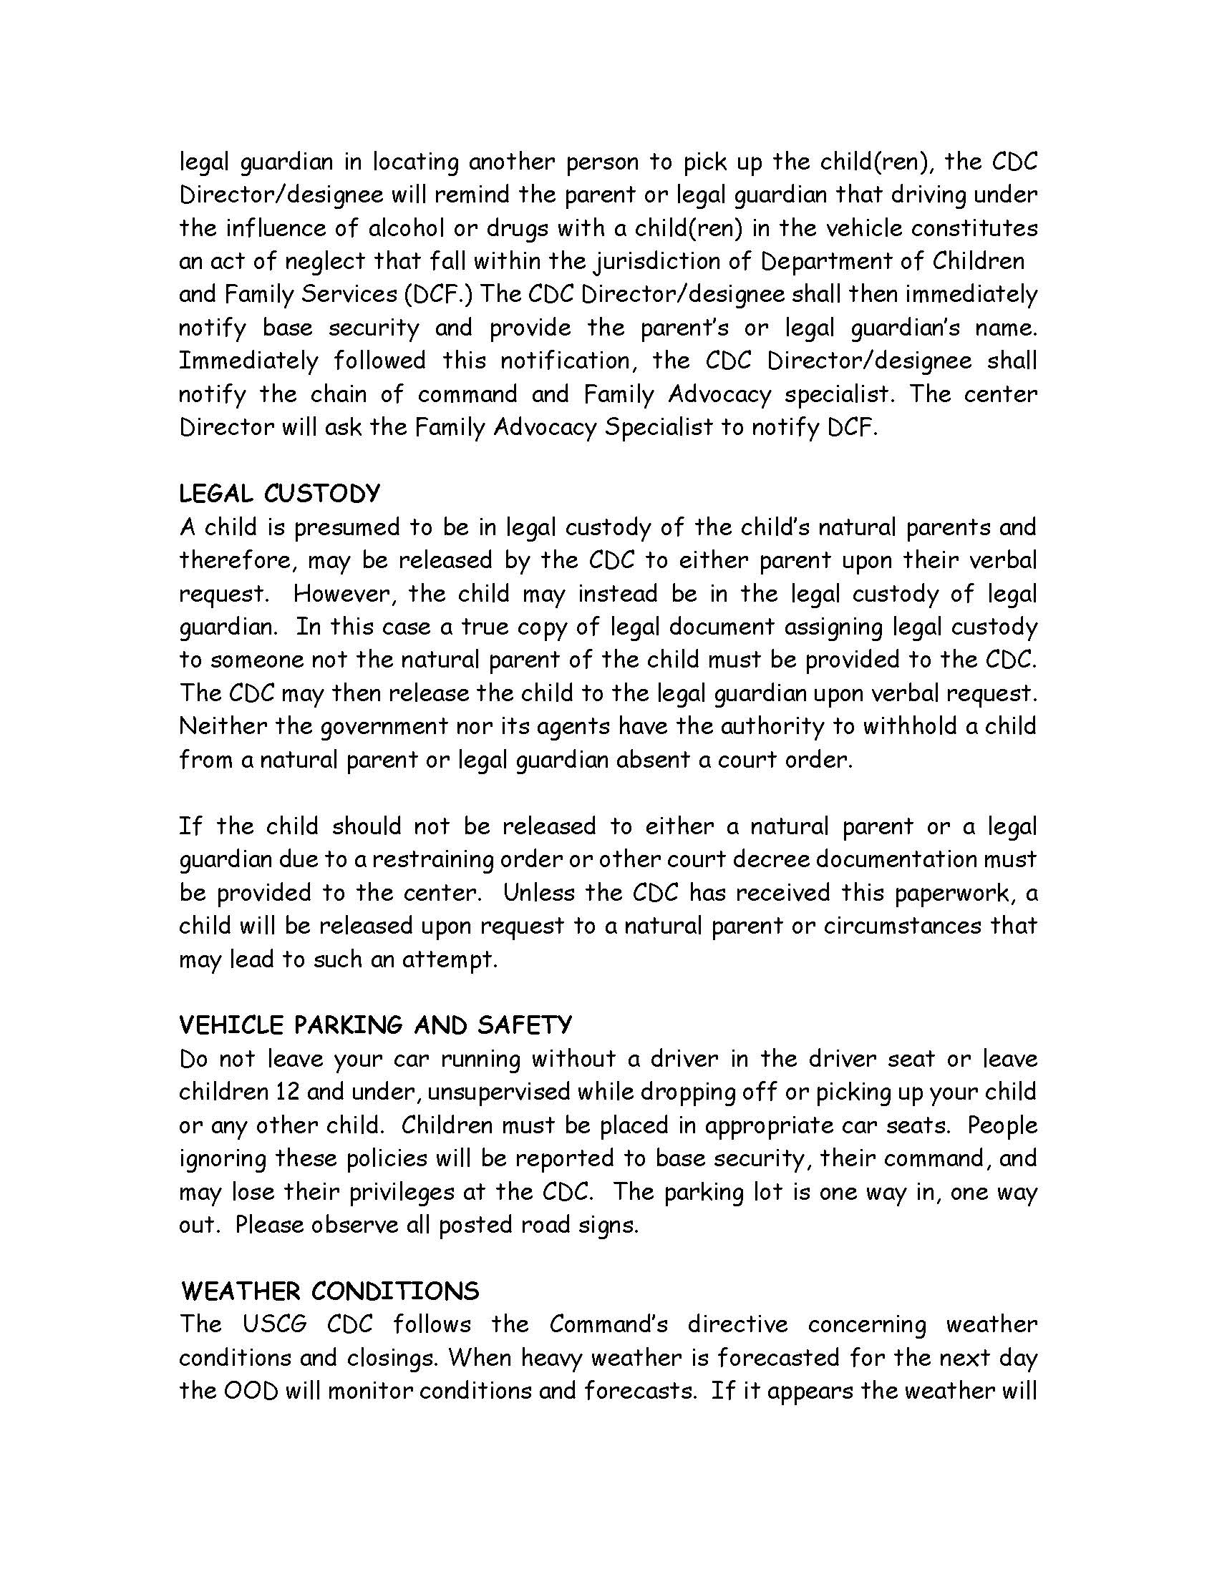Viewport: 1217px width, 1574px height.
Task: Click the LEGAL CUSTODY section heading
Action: tap(279, 494)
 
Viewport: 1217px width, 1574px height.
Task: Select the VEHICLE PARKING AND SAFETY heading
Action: tap(375, 1025)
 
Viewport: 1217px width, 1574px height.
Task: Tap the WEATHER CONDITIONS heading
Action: tap(329, 1291)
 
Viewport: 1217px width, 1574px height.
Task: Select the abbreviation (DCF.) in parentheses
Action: tap(437, 295)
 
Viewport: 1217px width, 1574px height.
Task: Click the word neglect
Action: tap(324, 262)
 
